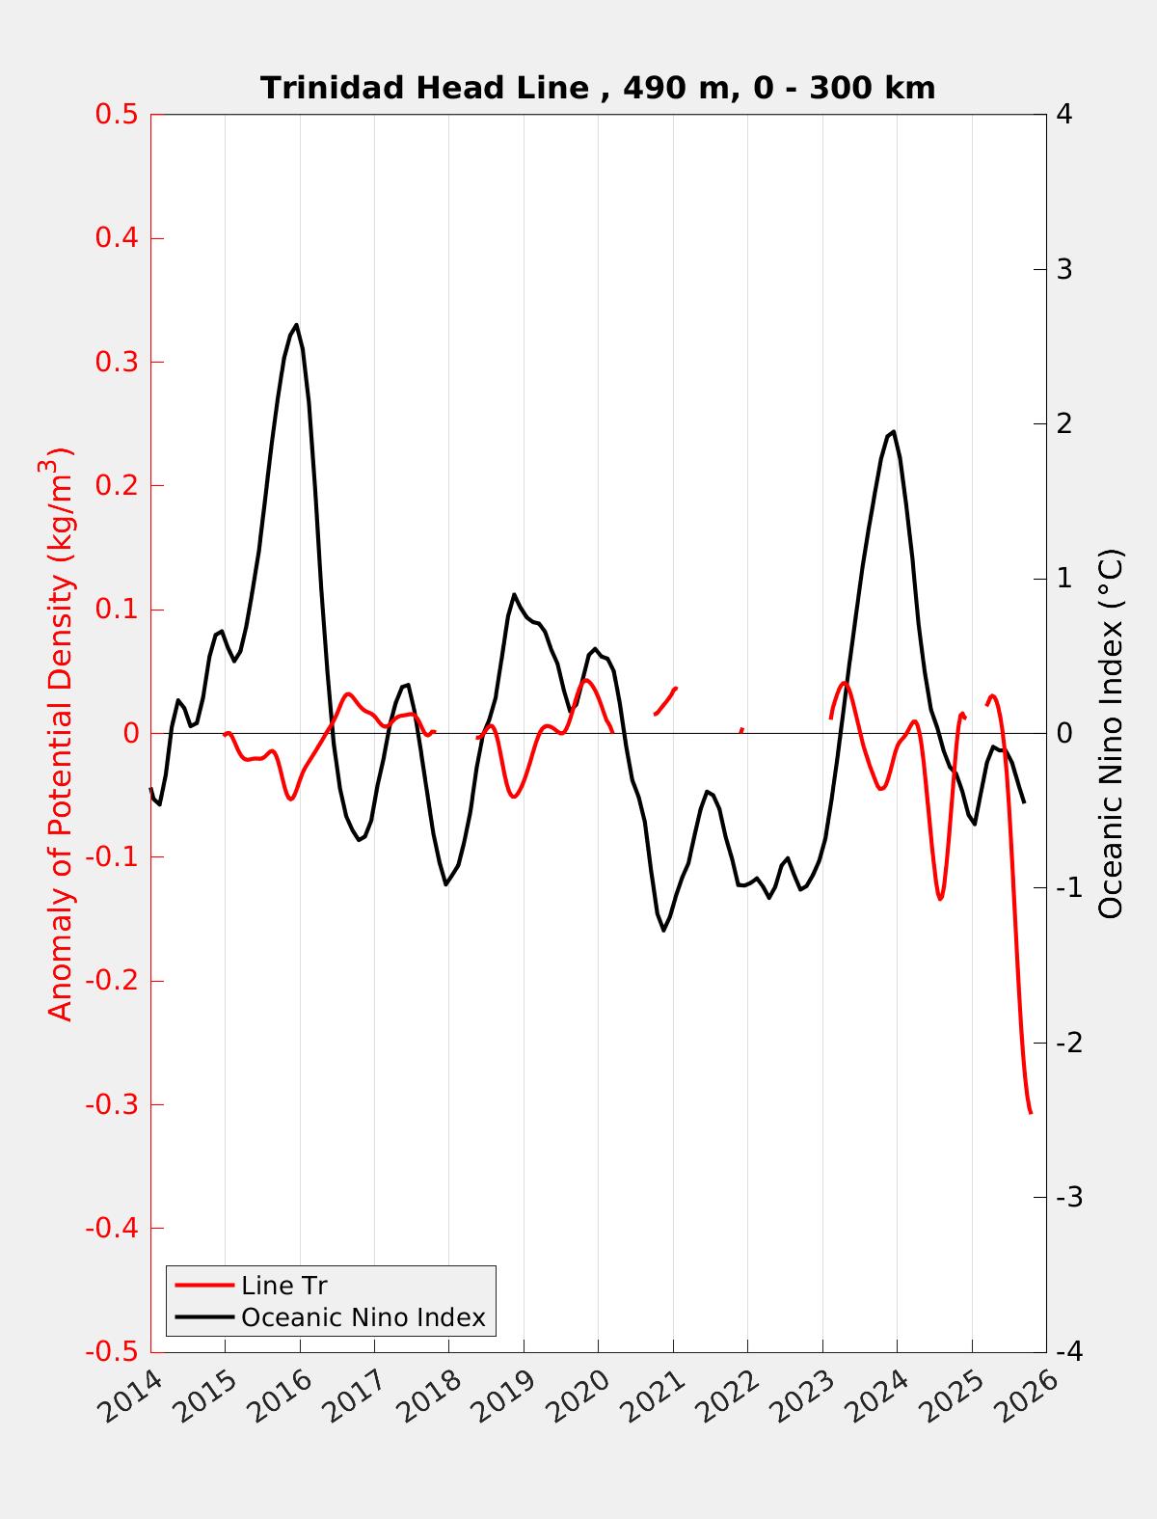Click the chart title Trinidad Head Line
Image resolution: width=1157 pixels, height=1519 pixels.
(598, 88)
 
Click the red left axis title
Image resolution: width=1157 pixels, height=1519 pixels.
(60, 733)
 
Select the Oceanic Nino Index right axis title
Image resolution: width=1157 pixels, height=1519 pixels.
(1111, 733)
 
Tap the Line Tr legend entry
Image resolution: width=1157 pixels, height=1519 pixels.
(284, 1286)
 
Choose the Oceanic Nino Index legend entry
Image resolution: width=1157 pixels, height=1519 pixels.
(363, 1316)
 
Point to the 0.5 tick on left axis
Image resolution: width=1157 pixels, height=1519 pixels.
(116, 115)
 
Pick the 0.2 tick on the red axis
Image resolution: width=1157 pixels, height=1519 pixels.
(116, 486)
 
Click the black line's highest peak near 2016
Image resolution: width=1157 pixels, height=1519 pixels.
(296, 325)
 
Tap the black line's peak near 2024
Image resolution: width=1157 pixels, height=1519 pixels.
(894, 431)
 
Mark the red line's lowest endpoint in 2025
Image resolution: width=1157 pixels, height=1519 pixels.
(1030, 1112)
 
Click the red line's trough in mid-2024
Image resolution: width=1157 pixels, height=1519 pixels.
(940, 898)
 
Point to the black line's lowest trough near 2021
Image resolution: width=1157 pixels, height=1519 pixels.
(663, 930)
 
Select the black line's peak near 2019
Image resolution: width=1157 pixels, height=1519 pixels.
(514, 594)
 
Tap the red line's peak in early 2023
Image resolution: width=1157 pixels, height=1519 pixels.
(845, 683)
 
